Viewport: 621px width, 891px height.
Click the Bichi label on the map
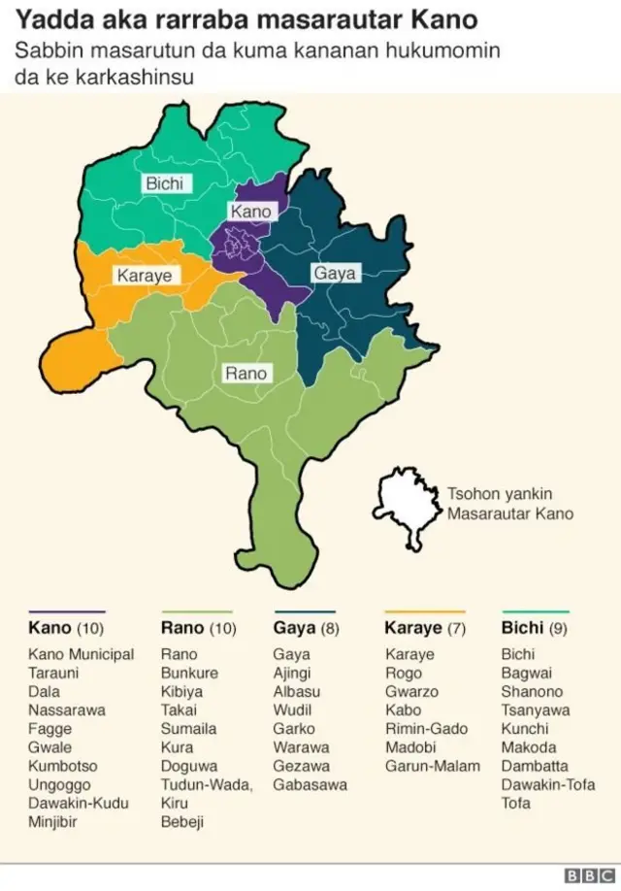click(164, 183)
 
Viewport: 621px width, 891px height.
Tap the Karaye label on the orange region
click(144, 276)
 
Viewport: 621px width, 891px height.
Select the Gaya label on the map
click(334, 274)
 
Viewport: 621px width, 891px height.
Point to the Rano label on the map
click(245, 373)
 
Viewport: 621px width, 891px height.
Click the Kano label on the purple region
click(250, 212)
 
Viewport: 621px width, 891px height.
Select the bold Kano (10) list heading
click(64, 628)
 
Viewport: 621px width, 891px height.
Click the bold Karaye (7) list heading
click(426, 628)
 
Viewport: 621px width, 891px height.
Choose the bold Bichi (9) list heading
click(534, 628)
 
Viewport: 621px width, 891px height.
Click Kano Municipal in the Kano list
click(82, 654)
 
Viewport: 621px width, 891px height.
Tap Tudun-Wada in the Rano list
click(206, 785)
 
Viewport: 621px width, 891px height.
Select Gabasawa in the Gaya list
click(310, 785)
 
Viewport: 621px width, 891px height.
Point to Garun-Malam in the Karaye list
click(432, 766)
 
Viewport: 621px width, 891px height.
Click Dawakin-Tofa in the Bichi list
click(548, 785)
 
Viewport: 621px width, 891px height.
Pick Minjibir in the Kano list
click(52, 822)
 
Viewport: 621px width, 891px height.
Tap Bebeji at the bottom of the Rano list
click(183, 822)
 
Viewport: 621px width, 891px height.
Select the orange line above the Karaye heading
click(425, 611)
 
